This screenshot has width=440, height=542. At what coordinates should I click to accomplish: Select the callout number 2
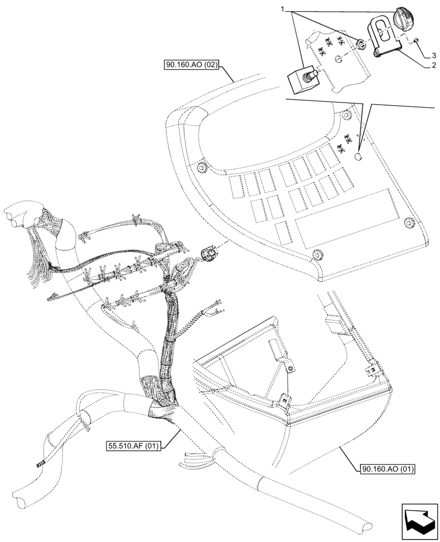tap(434, 66)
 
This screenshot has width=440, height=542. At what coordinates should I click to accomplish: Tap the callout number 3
tap(434, 55)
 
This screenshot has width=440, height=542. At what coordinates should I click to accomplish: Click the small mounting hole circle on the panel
tap(358, 156)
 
